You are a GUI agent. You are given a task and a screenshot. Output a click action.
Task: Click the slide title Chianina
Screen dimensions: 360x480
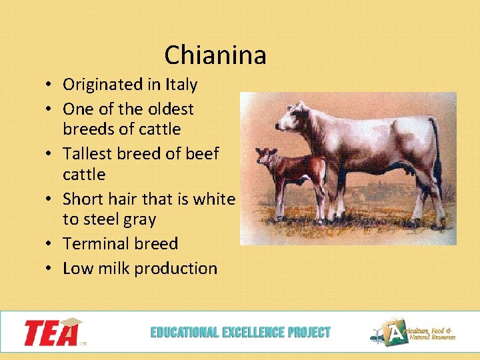tap(215, 55)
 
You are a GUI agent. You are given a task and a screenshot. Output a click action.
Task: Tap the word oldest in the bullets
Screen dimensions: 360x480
tap(169, 109)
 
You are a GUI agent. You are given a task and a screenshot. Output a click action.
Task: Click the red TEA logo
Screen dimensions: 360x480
tap(52, 332)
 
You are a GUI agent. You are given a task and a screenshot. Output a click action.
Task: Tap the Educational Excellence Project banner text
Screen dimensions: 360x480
tap(240, 332)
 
